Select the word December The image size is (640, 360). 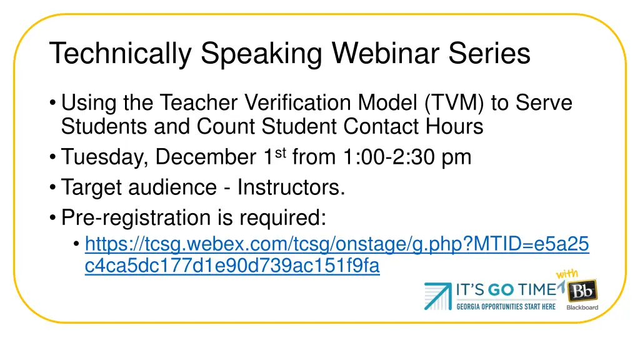[204, 157]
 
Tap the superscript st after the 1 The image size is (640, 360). [279, 152]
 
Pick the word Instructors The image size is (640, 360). [291, 187]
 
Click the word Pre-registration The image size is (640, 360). [142, 217]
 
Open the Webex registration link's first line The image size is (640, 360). [336, 243]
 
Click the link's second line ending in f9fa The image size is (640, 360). [232, 266]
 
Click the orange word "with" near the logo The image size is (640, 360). [566, 274]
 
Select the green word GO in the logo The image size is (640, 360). [501, 289]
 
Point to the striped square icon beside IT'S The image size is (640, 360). [438, 296]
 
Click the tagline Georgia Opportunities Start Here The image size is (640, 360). [506, 306]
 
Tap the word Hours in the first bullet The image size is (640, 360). [454, 127]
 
